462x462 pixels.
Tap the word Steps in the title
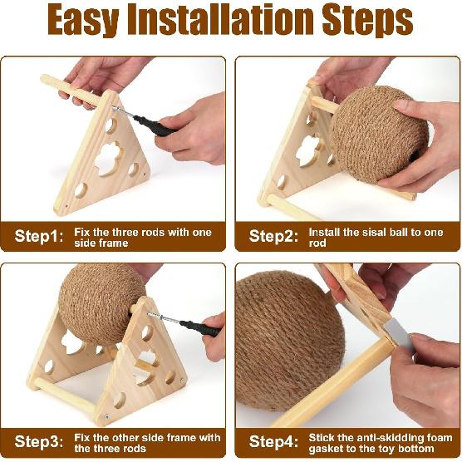pos(366,22)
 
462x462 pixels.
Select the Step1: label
pos(38,236)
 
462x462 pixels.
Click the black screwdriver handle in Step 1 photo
pos(156,126)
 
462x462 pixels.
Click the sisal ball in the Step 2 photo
pos(379,134)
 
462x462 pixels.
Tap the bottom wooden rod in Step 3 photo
pos(62,397)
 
